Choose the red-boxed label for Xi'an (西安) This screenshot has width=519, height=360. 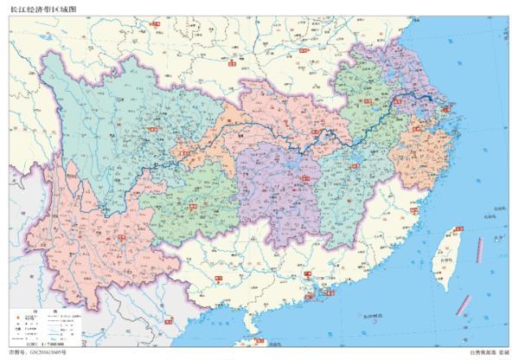pos(232,63)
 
